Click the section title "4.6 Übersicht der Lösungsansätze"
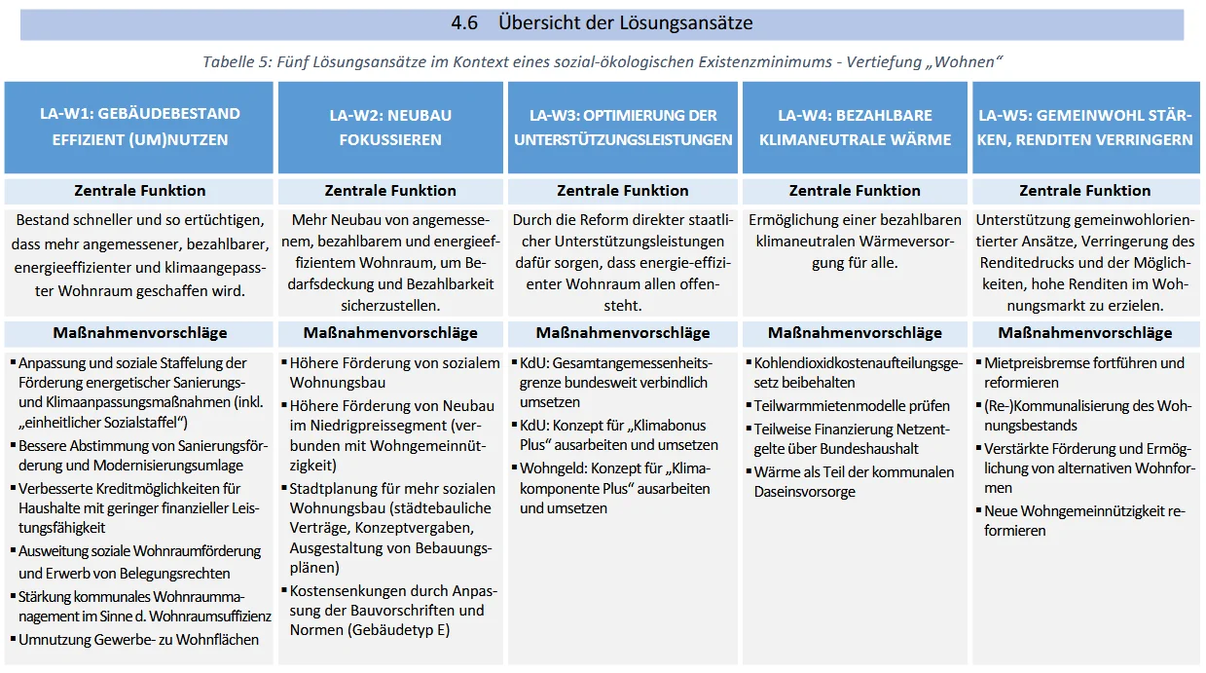point(602,23)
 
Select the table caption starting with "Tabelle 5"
point(603,62)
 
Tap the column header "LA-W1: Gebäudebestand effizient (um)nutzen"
point(140,127)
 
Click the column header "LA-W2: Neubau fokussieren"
point(390,127)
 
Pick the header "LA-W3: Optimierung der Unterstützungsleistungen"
point(623,127)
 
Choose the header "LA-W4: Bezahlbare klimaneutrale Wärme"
point(855,127)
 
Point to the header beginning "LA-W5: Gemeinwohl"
point(1085,127)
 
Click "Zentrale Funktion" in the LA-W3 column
point(623,191)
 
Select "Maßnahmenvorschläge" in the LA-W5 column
point(1085,333)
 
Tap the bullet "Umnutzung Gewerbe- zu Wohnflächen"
point(138,640)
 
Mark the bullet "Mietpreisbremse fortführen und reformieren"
point(1083,372)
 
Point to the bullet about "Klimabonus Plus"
point(618,435)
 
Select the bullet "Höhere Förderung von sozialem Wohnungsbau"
point(394,372)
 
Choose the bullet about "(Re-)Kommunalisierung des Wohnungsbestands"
point(1086,415)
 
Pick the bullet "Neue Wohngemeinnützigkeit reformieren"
point(1083,520)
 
